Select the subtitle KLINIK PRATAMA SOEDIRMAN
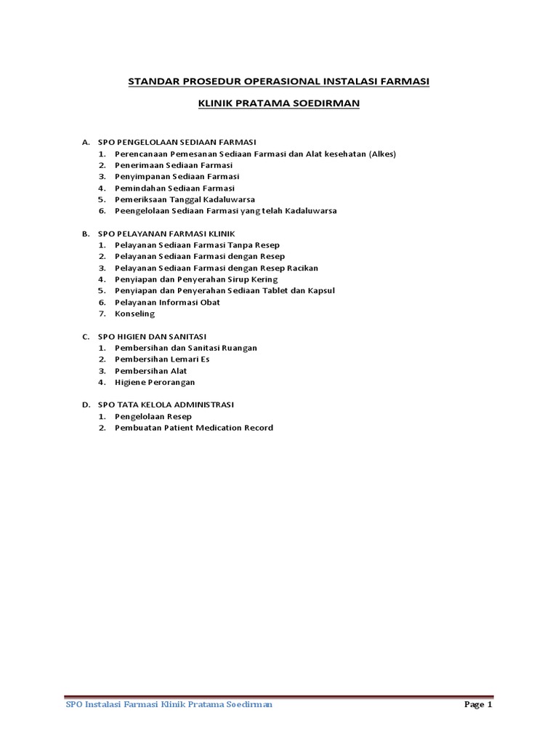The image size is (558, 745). pyautogui.click(x=279, y=105)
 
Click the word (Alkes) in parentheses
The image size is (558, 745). pyautogui.click(x=383, y=154)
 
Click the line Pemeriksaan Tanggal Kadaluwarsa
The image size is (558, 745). pyautogui.click(x=185, y=199)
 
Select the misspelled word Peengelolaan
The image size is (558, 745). pyautogui.click(x=145, y=211)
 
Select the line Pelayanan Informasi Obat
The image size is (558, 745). pyautogui.click(x=167, y=302)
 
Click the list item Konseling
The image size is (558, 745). pyautogui.click(x=134, y=314)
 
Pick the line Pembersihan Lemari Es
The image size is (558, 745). pyautogui.click(x=162, y=359)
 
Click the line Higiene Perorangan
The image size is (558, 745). pyautogui.click(x=155, y=382)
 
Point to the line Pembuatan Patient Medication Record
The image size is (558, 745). pyautogui.click(x=194, y=428)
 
